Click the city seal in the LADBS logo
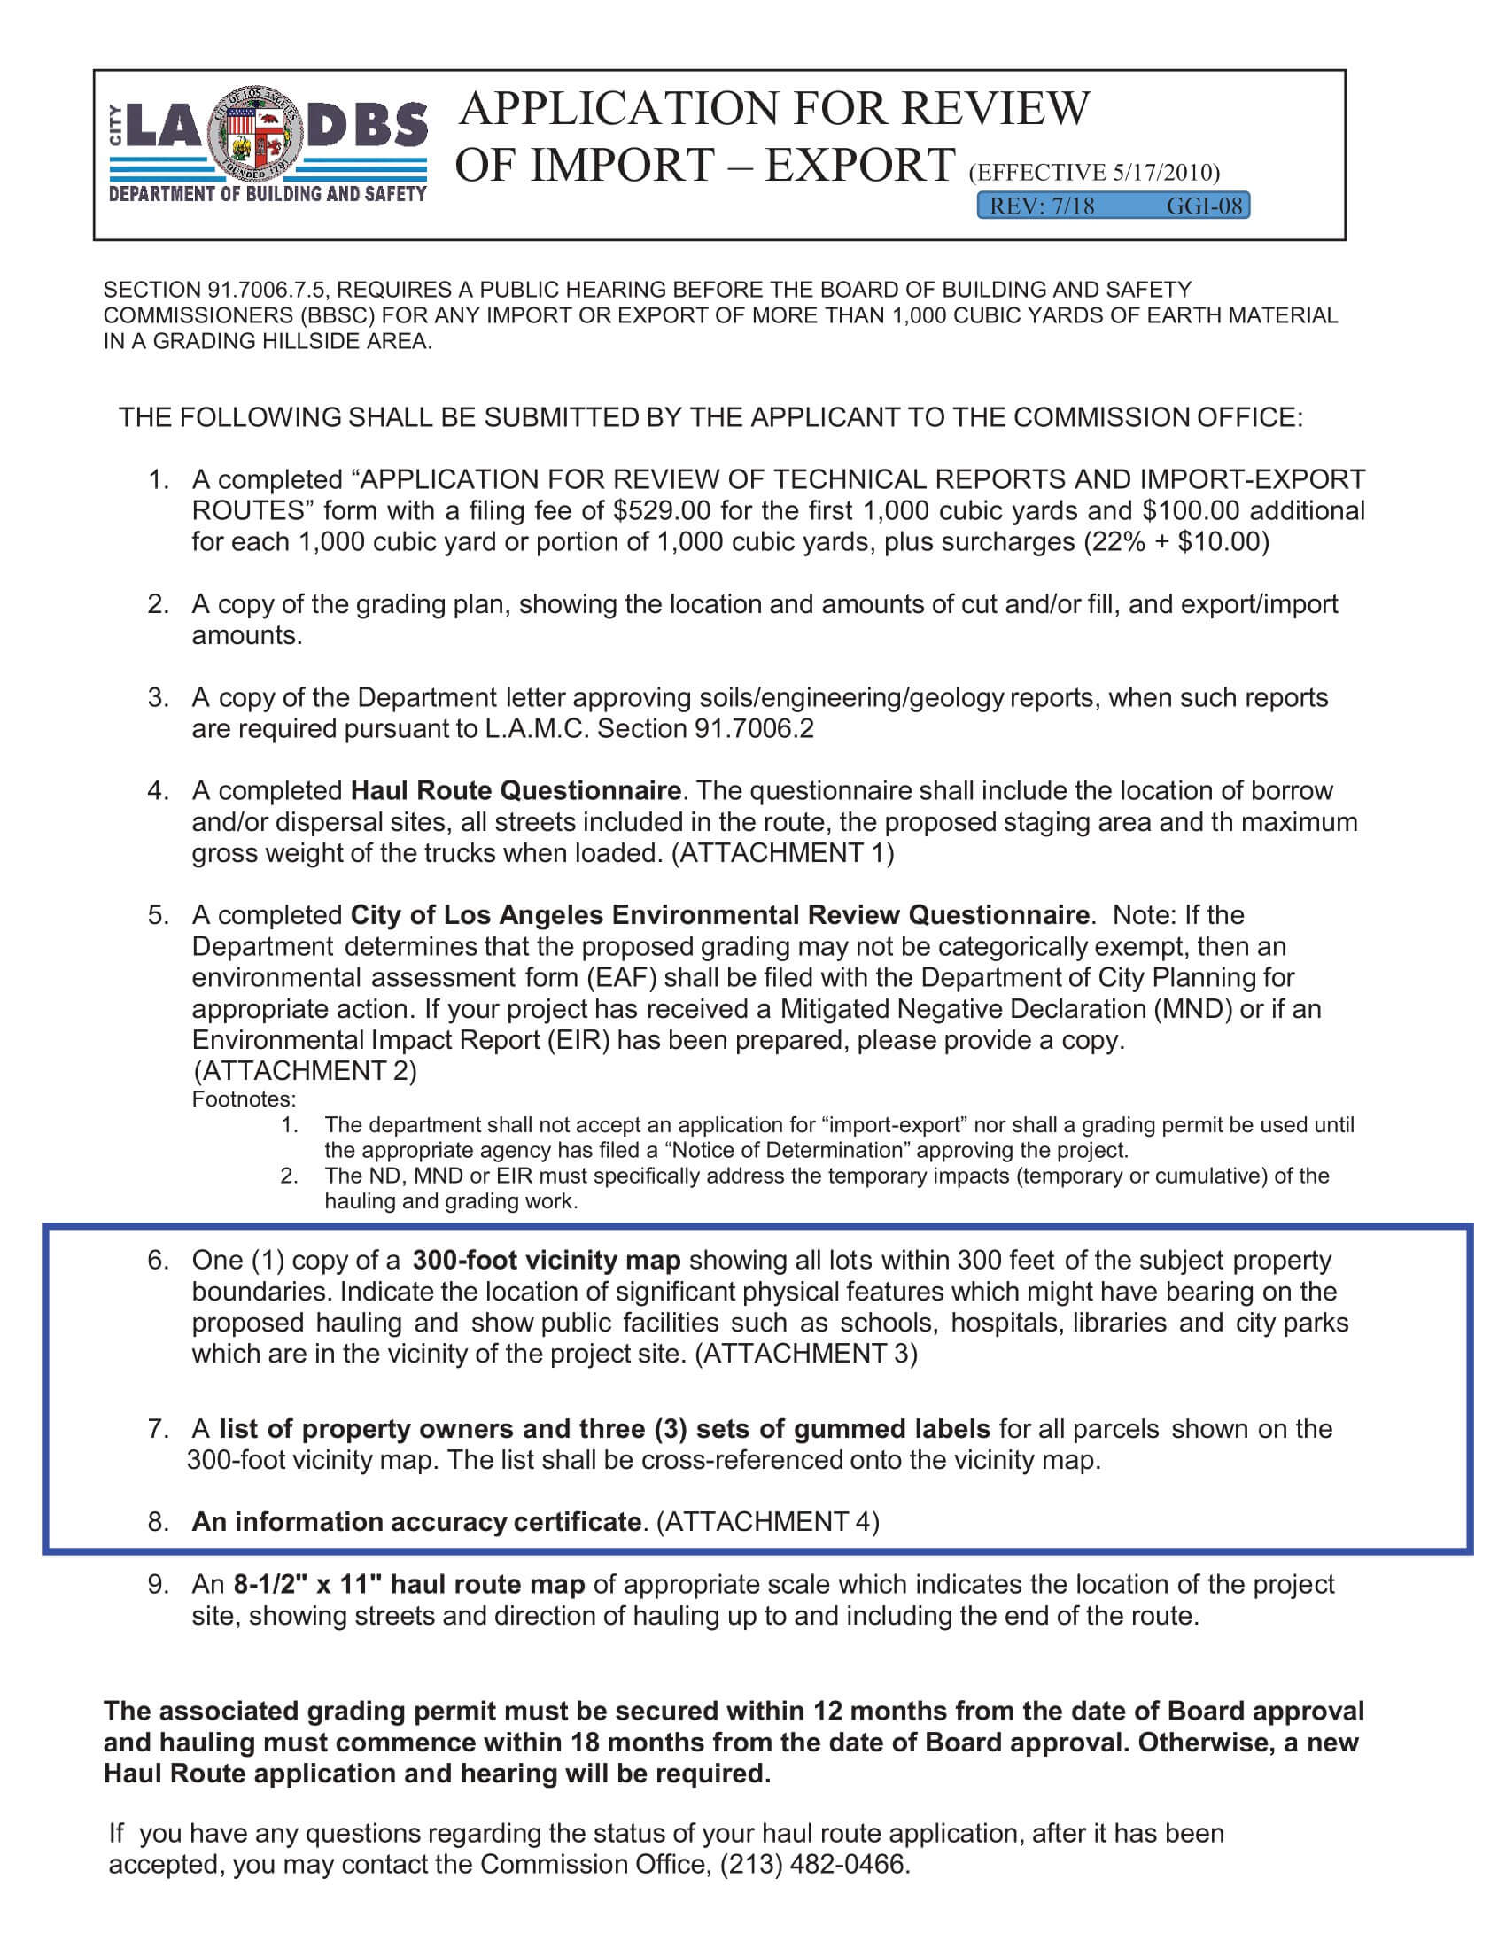(256, 136)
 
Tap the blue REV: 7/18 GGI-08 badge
(1114, 206)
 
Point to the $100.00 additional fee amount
(1191, 511)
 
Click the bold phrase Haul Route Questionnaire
(516, 790)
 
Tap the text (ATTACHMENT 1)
(781, 853)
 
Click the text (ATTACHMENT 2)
(305, 1071)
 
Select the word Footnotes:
(244, 1099)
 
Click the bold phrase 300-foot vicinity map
(546, 1261)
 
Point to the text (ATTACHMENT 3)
(804, 1354)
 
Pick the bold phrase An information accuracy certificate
(415, 1521)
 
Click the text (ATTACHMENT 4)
(767, 1521)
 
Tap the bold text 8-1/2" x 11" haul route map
(408, 1585)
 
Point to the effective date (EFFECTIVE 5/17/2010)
(1094, 172)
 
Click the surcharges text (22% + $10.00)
(1176, 542)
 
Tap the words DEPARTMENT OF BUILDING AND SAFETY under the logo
(268, 195)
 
